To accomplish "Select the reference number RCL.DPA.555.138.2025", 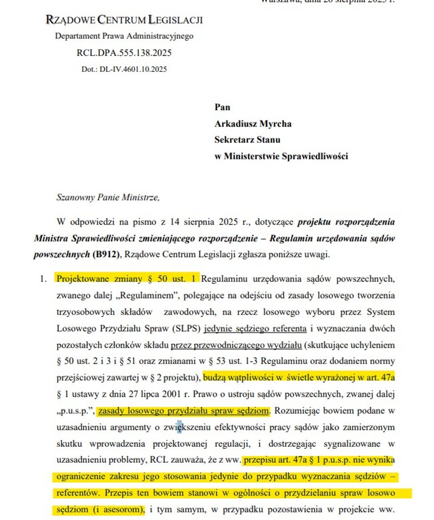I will [x=124, y=53].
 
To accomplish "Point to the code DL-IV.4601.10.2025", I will [x=133, y=69].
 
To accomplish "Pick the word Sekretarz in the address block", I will [x=234, y=140].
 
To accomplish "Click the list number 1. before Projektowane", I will [x=43, y=278].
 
